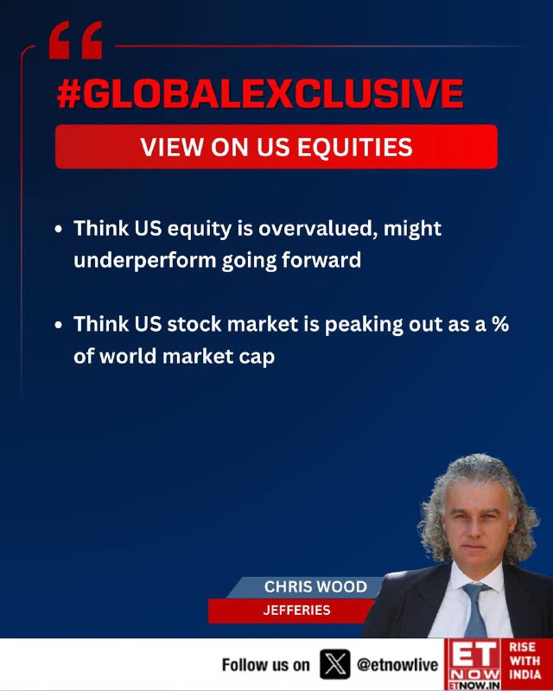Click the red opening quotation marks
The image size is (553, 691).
coord(75,40)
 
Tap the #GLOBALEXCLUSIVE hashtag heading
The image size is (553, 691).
coord(260,94)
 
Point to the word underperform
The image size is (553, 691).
coord(144,261)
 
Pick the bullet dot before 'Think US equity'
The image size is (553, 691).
coord(59,230)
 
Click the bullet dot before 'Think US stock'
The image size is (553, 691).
coord(59,325)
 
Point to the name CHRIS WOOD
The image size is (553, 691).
coord(315,586)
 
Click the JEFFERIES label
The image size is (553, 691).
coord(296,610)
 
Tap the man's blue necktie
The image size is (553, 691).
coord(476,610)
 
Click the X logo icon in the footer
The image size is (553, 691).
coord(335,664)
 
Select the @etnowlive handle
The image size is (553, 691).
coord(397,664)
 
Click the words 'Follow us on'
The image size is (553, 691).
coord(265,664)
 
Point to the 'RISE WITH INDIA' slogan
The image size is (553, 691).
coord(525,661)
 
